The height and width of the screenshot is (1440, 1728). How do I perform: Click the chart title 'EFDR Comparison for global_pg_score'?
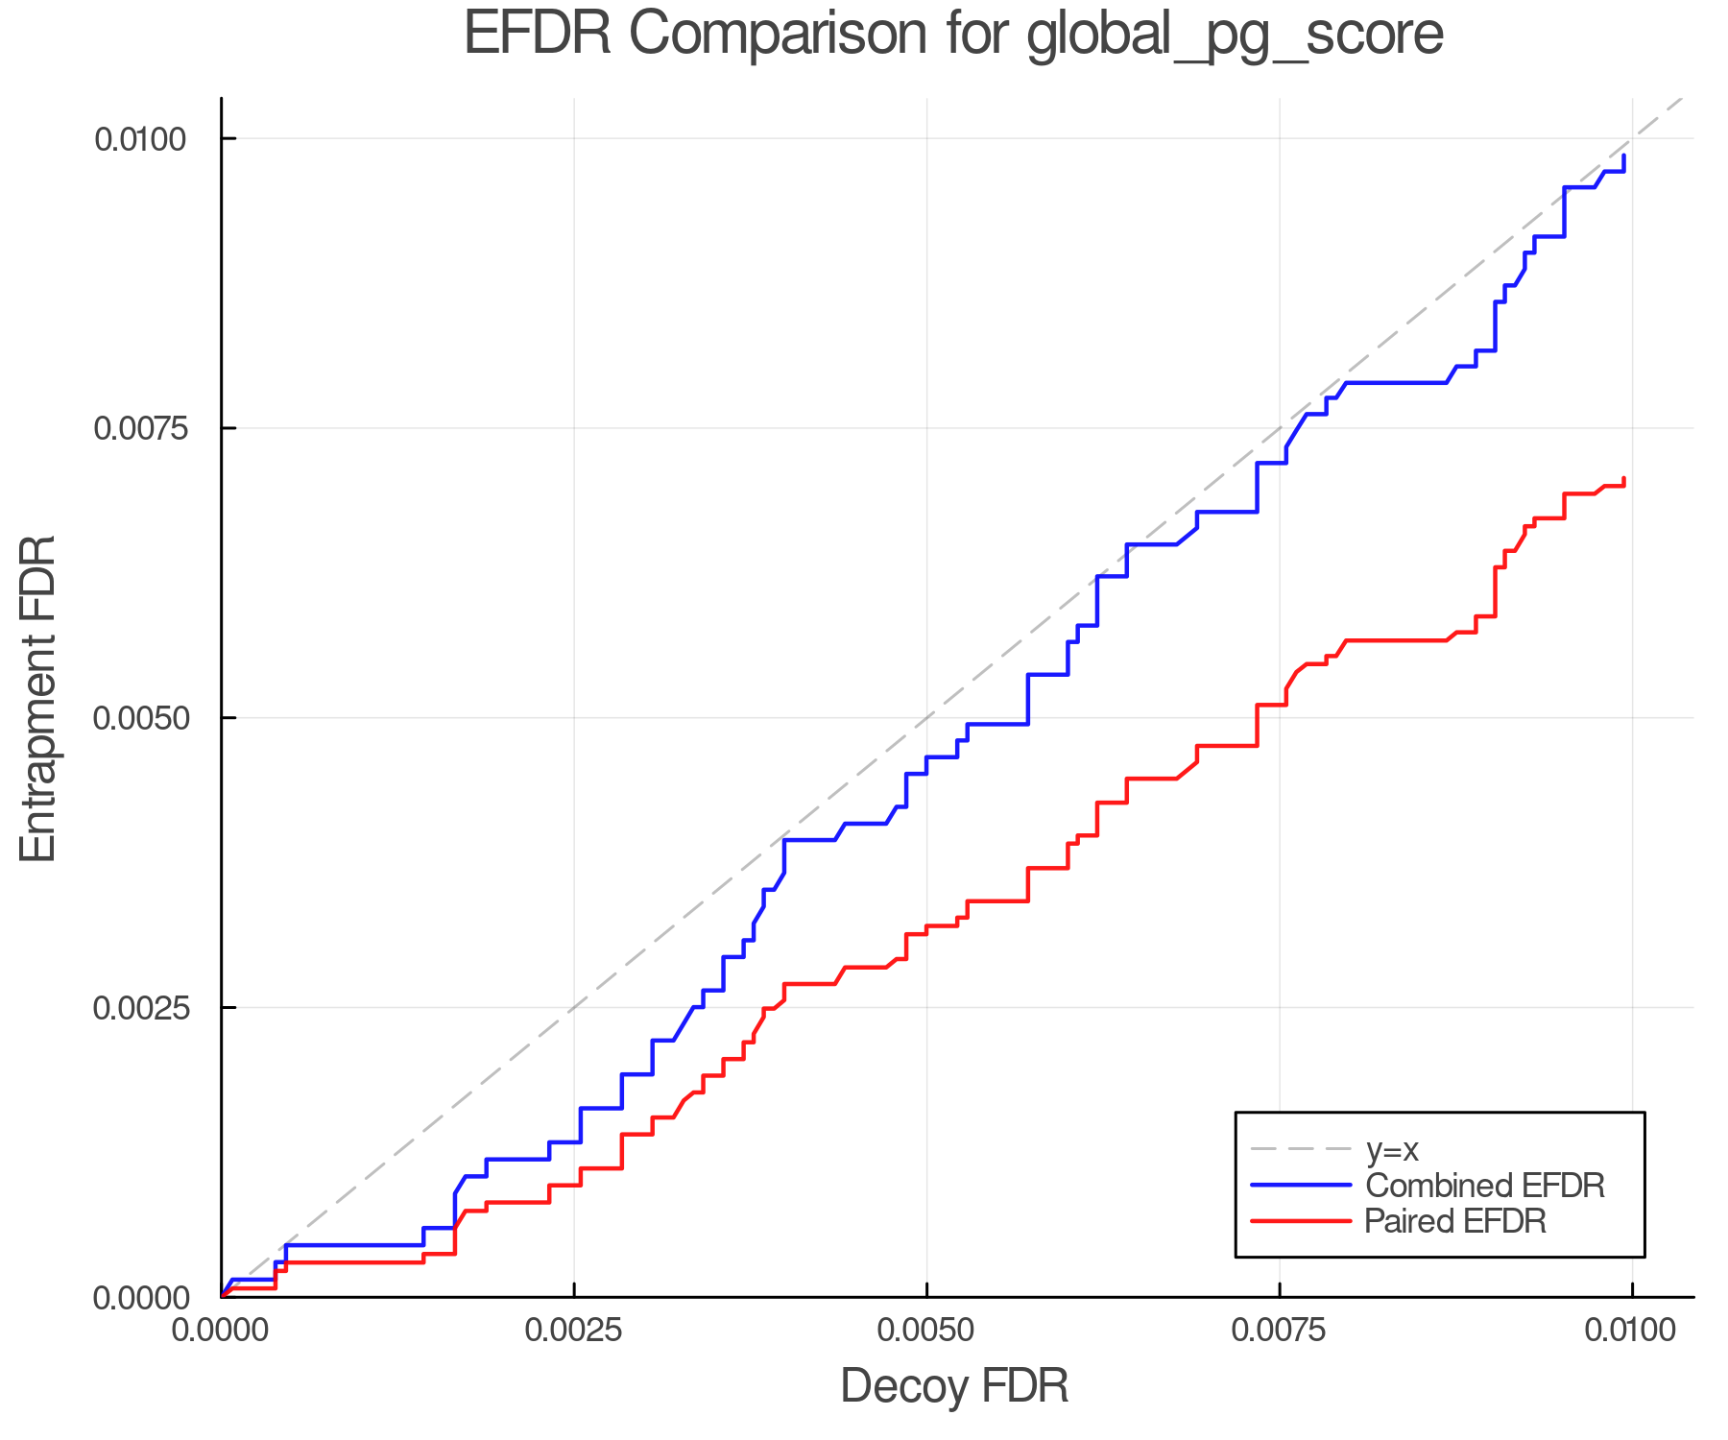tap(953, 35)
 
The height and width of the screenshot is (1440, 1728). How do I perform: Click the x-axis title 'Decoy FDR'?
tap(954, 1386)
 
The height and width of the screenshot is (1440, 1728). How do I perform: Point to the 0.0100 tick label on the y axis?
tap(140, 139)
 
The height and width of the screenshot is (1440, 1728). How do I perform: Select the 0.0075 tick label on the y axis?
tap(140, 428)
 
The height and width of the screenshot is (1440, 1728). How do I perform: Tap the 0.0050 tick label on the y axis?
tap(140, 718)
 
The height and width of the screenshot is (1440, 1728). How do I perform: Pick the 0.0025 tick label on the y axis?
tap(140, 1008)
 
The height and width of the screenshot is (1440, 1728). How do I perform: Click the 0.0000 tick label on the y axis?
tap(140, 1298)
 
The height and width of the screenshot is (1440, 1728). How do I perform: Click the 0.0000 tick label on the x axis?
tap(222, 1331)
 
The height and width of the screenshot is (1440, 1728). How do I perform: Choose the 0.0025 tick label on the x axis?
tap(574, 1331)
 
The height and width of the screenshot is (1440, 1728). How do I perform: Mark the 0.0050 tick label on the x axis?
tap(926, 1331)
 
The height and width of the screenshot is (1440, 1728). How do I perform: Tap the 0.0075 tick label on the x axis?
tap(1280, 1331)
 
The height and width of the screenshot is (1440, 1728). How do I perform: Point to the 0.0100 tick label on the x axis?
tap(1632, 1331)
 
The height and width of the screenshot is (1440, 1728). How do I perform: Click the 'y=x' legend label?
tap(1392, 1149)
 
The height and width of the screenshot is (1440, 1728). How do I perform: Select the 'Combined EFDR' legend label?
tap(1484, 1186)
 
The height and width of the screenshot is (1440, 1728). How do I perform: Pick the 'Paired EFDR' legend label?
tap(1455, 1221)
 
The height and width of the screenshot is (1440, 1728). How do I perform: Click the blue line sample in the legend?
tap(1301, 1186)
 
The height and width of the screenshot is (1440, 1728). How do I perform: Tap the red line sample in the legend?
tap(1301, 1221)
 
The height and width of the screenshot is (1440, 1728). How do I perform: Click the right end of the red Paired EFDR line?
tap(1624, 478)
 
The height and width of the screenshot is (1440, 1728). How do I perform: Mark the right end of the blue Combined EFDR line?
tap(1624, 156)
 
